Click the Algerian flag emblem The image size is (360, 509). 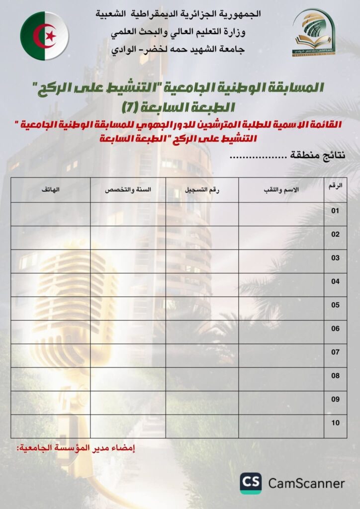click(44, 36)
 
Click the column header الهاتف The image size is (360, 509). click(50, 190)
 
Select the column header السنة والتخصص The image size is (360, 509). click(128, 190)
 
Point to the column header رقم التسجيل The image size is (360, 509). click(202, 190)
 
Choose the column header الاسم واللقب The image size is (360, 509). click(281, 190)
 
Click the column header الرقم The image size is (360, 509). click(336, 186)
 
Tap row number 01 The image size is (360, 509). click(336, 211)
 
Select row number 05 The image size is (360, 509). click(336, 305)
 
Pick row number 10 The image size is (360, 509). click(336, 423)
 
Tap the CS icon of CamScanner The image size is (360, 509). click(251, 483)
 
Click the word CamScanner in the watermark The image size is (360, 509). click(306, 483)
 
